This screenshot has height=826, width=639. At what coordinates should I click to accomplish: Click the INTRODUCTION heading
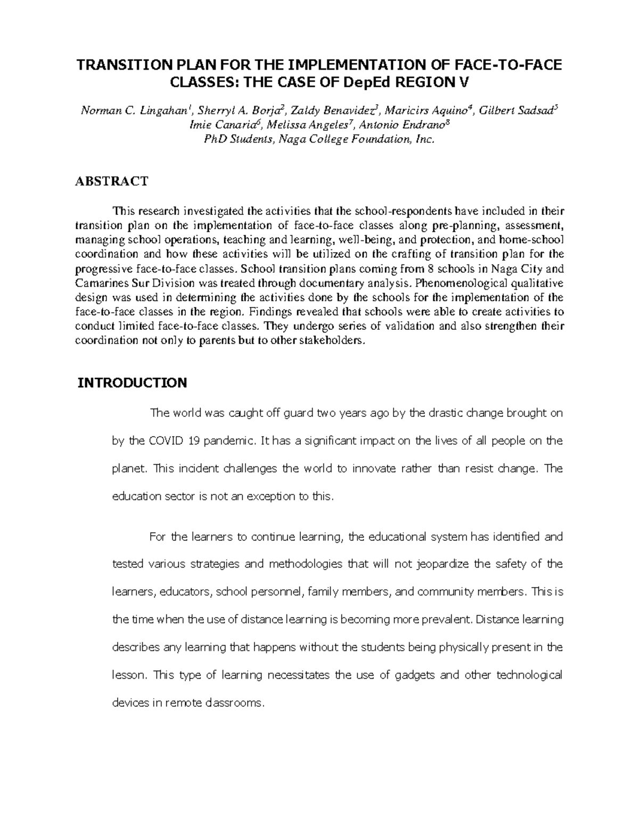coord(132,383)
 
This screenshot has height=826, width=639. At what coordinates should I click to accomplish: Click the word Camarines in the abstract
coord(98,282)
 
